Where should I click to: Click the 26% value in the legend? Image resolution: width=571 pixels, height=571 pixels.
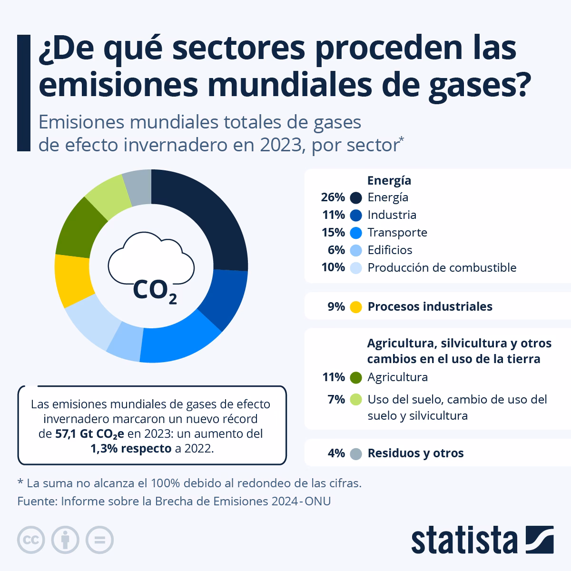click(333, 197)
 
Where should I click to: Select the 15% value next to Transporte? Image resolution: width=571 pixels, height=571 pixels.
click(333, 233)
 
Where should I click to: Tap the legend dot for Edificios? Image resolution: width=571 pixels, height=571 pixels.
click(356, 250)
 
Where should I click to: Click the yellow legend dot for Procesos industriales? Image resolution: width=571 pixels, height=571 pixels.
click(356, 307)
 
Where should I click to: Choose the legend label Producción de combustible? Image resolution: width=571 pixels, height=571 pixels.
click(442, 268)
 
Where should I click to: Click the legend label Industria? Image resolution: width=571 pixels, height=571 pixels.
click(392, 215)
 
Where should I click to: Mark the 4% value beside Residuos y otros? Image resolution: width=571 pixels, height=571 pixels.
click(336, 453)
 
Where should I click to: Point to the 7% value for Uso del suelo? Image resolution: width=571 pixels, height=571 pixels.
click(336, 399)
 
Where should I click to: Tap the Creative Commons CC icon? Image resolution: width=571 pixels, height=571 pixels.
click(31, 540)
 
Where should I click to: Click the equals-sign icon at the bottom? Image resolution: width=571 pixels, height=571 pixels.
click(99, 540)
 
